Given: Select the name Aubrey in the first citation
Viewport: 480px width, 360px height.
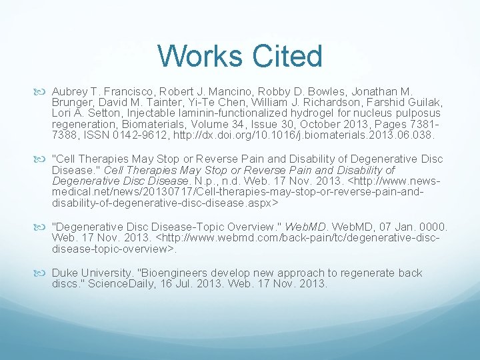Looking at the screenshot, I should (71, 90).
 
